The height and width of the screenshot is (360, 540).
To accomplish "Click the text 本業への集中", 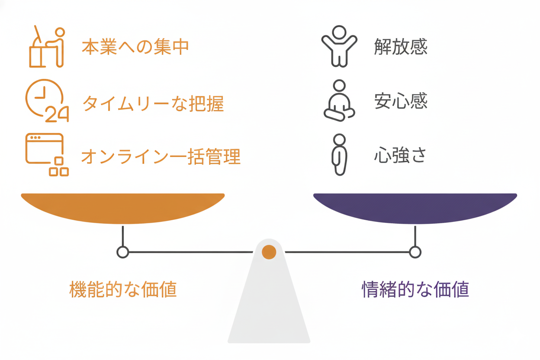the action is [135, 47].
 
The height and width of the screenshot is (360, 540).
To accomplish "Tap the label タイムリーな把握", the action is [153, 103].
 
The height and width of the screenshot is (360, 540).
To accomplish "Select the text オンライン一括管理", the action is [161, 156].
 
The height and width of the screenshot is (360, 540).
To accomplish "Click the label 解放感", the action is [401, 47].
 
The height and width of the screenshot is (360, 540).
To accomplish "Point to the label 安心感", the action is [401, 101].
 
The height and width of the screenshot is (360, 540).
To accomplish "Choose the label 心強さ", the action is [401, 155].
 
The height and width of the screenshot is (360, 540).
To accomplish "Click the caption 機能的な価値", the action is [123, 289].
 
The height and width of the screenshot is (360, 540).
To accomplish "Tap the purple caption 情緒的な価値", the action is [415, 289].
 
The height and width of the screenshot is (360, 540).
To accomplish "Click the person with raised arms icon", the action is [339, 46].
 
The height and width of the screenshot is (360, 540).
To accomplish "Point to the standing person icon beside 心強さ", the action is [340, 154].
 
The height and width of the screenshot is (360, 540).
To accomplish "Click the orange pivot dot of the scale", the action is [269, 252].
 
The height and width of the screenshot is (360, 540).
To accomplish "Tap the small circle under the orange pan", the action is [123, 252].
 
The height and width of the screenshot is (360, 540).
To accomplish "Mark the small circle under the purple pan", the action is [415, 252].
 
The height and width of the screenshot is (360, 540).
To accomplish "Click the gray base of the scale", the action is [269, 307].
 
